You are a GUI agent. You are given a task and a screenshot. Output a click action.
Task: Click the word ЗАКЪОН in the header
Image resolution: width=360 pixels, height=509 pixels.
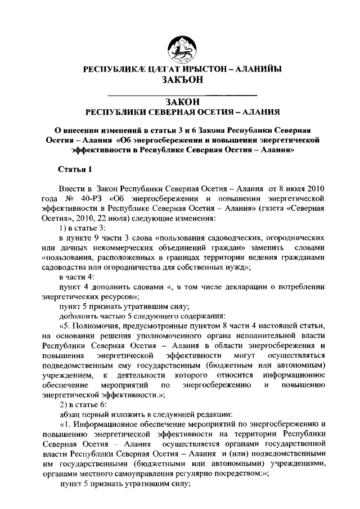click(x=180, y=80)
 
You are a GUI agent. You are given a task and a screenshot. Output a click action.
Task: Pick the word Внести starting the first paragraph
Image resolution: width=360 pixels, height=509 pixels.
click(x=71, y=187)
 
